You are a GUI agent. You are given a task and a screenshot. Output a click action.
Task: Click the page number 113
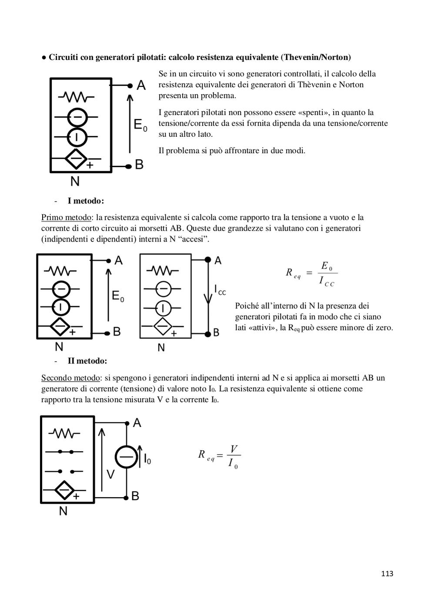(x=387, y=574)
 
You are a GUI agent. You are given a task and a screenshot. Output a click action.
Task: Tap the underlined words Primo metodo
(x=66, y=218)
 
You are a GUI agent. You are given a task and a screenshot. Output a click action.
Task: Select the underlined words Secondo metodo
(x=70, y=378)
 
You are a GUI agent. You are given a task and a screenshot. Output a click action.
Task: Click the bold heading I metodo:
(x=86, y=201)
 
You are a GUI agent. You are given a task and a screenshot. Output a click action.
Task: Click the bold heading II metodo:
(x=87, y=361)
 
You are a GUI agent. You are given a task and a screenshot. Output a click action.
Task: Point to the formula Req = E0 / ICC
(x=312, y=274)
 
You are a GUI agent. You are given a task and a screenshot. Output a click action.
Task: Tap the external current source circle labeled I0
(x=126, y=457)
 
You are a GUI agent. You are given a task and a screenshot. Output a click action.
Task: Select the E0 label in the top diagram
(x=141, y=125)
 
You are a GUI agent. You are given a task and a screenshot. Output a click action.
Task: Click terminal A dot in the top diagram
(x=130, y=86)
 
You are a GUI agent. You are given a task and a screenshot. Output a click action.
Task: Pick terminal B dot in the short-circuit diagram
(x=208, y=333)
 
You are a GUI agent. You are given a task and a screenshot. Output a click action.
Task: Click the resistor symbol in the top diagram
(x=77, y=97)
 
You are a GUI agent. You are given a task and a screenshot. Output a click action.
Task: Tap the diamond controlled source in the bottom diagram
(x=64, y=490)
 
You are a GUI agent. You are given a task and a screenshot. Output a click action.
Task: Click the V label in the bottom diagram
(x=110, y=475)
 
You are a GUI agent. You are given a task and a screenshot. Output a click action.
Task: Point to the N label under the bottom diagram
(x=63, y=511)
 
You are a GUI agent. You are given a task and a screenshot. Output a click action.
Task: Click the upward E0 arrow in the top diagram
(x=130, y=124)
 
